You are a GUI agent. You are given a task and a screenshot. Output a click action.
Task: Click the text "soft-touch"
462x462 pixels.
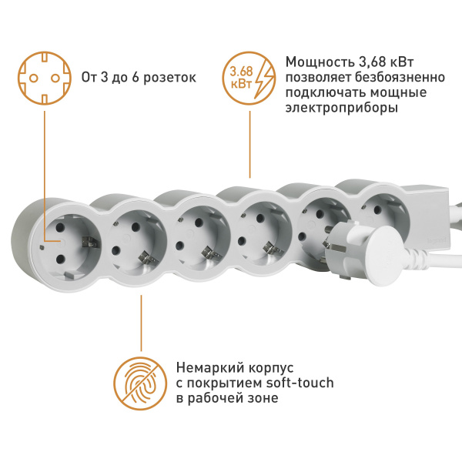(x=303, y=383)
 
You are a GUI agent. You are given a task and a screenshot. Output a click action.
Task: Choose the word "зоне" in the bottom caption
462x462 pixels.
(x=259, y=398)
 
